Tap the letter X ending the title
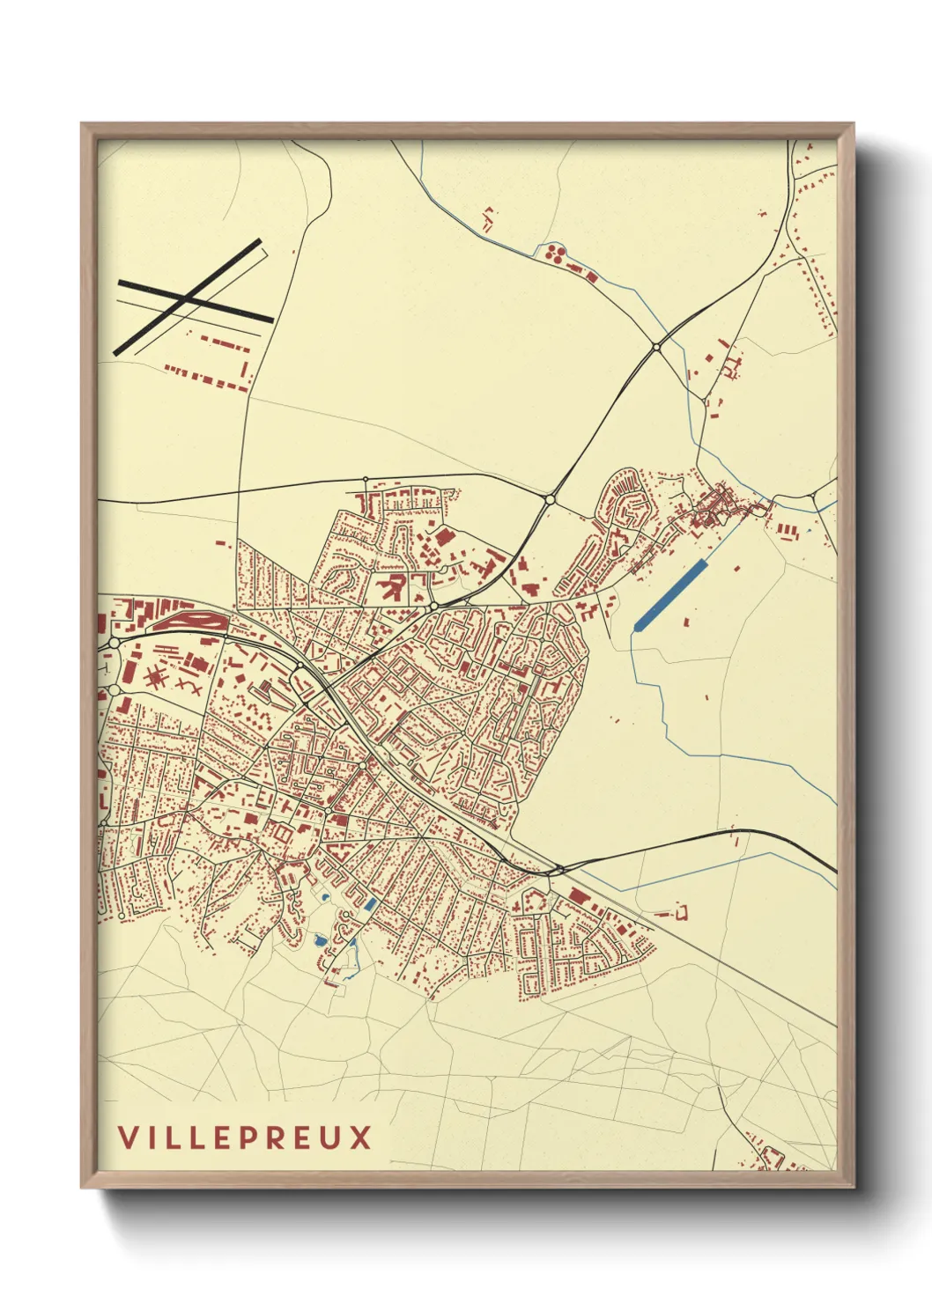click(359, 1137)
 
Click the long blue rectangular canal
click(670, 594)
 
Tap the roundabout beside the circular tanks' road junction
click(656, 348)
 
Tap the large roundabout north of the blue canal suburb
click(550, 499)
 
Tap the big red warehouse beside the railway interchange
click(578, 895)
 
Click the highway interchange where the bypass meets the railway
click(555, 871)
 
